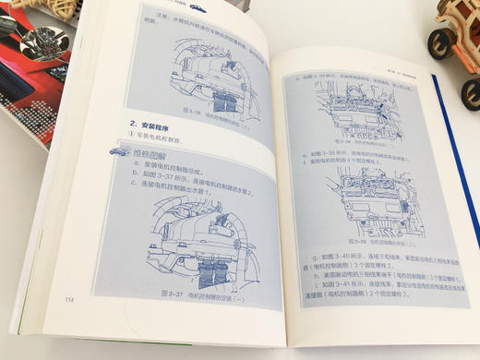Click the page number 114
click(70, 297)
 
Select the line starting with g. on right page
click(369, 252)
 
